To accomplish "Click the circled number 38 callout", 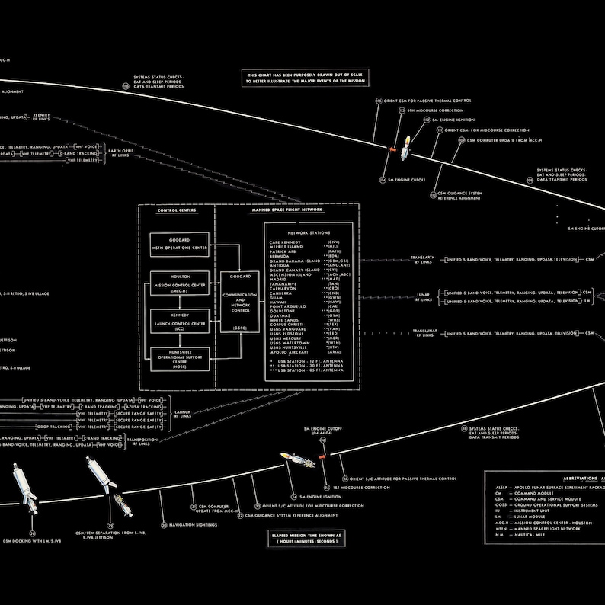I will (x=464, y=429).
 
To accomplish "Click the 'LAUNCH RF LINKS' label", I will (x=183, y=414).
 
